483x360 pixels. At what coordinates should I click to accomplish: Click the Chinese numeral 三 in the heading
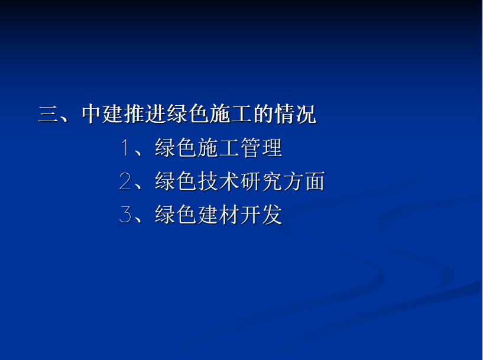point(48,114)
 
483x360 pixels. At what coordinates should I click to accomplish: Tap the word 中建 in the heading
point(102,114)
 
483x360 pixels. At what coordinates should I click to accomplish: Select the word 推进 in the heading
point(145,114)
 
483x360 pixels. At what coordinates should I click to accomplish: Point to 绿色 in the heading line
point(188,114)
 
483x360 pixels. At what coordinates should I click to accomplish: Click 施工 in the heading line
point(231,114)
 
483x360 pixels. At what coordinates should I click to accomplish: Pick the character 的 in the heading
point(263,114)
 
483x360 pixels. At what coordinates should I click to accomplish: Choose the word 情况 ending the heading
point(296,114)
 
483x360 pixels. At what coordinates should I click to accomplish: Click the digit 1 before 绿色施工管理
point(125,148)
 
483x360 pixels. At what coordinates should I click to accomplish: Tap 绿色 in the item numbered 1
point(176,148)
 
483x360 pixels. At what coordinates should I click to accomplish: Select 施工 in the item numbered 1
point(218,148)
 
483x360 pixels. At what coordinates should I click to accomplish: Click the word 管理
point(261,148)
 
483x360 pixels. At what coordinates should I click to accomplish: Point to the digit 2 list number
point(125,181)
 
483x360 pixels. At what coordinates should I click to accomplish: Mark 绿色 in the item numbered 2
point(176,181)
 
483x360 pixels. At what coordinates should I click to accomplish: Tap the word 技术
point(218,181)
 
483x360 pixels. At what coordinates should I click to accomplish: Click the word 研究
point(261,181)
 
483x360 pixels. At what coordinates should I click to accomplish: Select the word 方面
point(304,181)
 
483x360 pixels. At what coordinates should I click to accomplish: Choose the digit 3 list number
point(125,215)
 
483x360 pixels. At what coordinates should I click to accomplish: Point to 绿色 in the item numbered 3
point(176,215)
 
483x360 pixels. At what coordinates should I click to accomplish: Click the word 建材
point(218,215)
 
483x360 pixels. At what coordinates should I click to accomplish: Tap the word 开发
point(261,215)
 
